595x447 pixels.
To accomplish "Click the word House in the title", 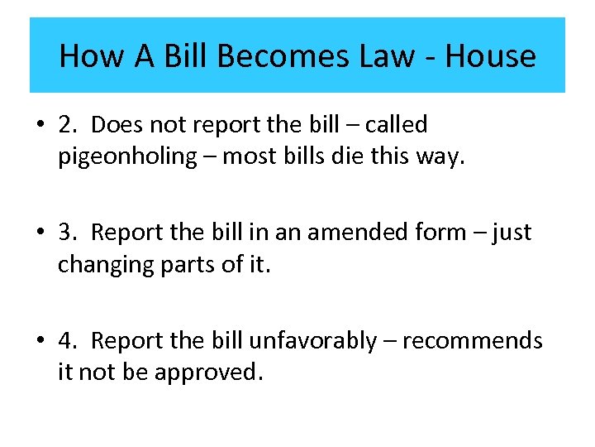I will click(490, 56).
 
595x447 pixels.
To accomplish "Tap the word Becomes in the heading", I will click(266, 56).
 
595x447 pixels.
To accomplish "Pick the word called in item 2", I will click(396, 125).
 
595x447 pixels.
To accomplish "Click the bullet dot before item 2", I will click(40, 126).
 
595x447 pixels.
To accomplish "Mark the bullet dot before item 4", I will click(40, 341).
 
